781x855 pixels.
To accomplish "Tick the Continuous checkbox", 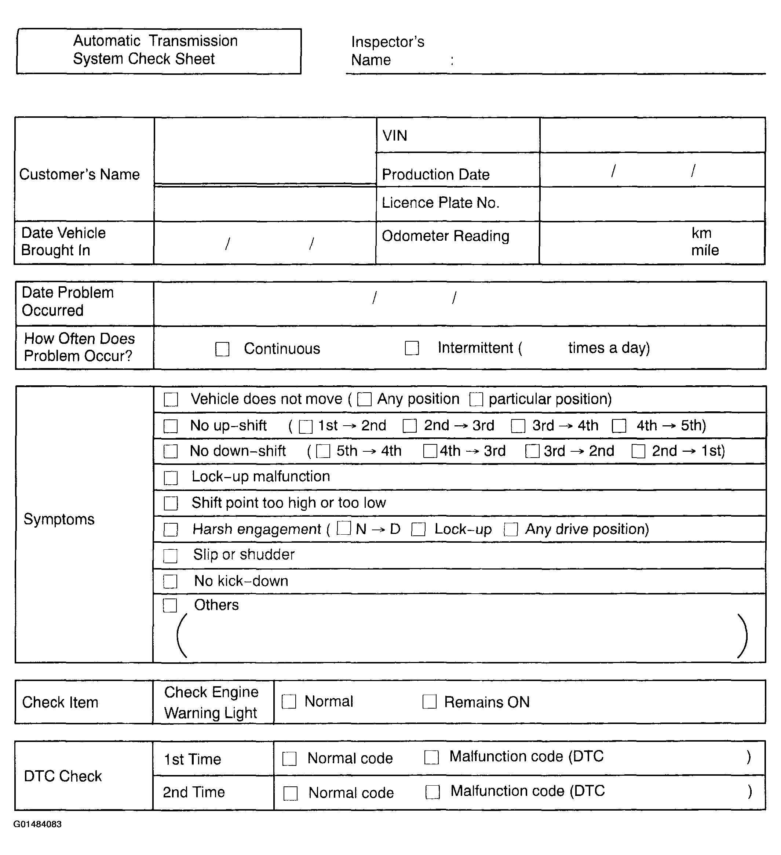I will point(222,349).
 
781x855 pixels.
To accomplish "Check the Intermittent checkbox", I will point(412,348).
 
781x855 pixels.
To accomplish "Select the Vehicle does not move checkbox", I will point(171,399).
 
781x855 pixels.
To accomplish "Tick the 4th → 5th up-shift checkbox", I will point(619,426).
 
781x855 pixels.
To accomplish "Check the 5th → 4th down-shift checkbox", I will point(323,451).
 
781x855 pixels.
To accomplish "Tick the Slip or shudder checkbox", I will point(171,556).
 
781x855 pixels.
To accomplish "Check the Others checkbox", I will point(170,605).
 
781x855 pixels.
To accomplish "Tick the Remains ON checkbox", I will point(430,702).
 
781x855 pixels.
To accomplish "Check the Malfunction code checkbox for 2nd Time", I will point(433,792).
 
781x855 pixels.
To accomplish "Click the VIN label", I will point(395,136).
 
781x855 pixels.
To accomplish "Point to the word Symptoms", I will point(59,519).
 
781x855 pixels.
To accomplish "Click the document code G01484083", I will point(38,824).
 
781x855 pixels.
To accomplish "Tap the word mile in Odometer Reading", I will point(705,250).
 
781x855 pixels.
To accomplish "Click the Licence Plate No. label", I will point(441,203).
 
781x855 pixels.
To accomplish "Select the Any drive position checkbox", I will point(511,529).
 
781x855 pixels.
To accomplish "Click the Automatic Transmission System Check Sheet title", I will point(155,50).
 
